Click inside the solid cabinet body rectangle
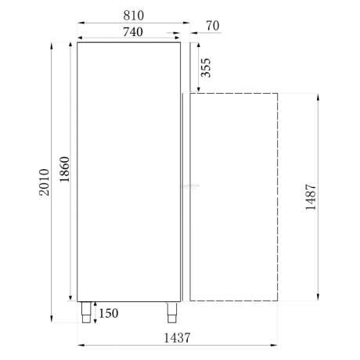click(129, 172)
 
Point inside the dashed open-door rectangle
click(232, 196)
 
